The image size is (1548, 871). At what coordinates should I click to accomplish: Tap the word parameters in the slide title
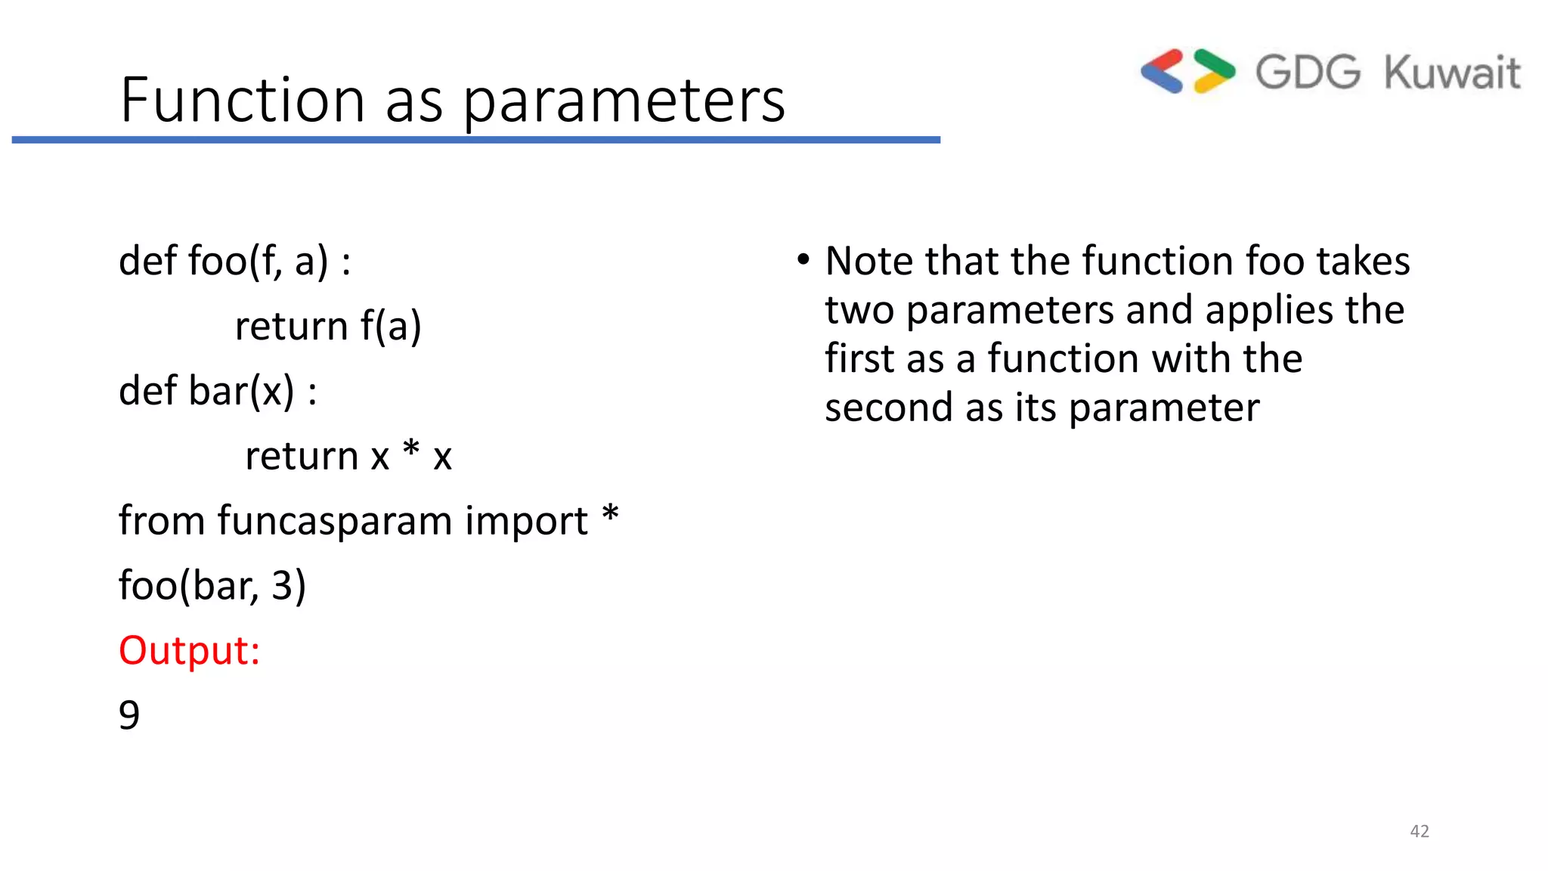click(x=624, y=102)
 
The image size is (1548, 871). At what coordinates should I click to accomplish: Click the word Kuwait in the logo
click(x=1452, y=73)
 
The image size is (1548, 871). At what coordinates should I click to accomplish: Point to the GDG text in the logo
click(x=1308, y=73)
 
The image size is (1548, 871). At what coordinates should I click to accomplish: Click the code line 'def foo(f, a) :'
click(x=234, y=262)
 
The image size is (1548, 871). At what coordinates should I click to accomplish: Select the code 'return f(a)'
click(x=328, y=327)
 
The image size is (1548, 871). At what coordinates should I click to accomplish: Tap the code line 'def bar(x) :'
click(x=218, y=392)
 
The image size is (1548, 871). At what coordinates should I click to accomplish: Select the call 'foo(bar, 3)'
click(x=212, y=586)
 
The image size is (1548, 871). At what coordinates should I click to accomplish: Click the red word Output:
click(x=189, y=651)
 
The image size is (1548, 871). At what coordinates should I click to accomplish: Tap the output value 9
click(x=129, y=715)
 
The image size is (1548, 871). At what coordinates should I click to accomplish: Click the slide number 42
click(x=1420, y=832)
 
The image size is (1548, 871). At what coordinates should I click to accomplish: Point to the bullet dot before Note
click(x=803, y=260)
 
